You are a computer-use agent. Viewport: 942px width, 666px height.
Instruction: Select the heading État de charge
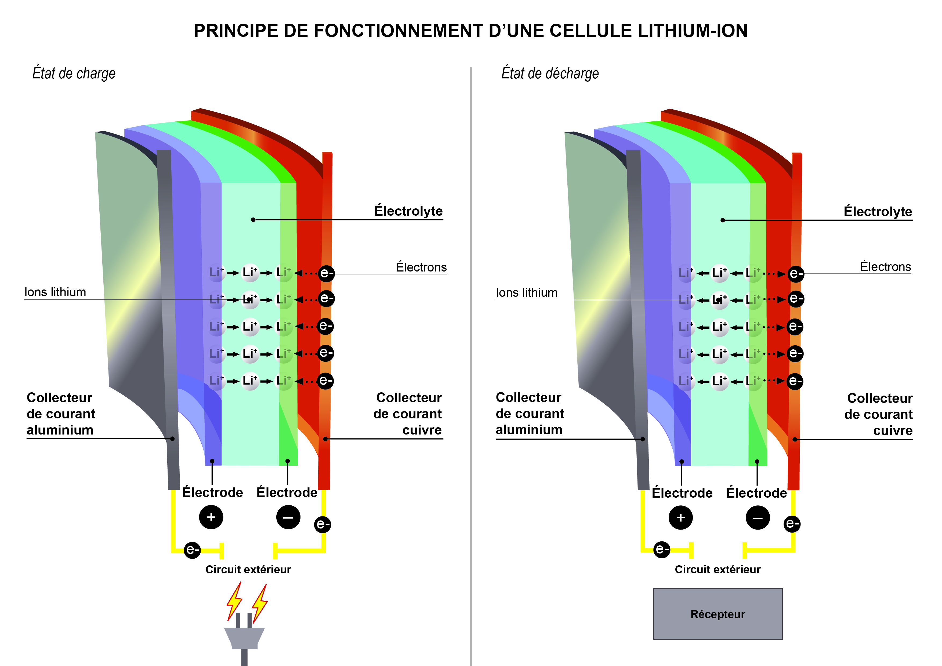point(74,73)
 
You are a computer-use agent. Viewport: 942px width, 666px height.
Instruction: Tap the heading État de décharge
point(550,73)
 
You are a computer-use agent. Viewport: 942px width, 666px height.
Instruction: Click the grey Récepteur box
point(718,614)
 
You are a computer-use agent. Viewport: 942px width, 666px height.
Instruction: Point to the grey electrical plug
point(244,640)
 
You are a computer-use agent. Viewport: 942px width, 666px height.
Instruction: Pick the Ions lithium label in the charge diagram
point(55,292)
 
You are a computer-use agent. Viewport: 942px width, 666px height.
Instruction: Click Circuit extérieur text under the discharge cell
point(718,570)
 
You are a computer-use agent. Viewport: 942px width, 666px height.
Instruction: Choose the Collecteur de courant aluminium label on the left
point(61,414)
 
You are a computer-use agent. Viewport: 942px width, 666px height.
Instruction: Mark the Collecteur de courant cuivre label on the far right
point(878,414)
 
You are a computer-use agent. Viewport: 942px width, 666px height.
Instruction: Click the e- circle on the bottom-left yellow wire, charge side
point(192,549)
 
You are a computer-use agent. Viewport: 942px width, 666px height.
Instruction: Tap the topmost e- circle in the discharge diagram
point(795,274)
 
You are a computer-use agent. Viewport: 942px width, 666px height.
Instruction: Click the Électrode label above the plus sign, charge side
point(212,493)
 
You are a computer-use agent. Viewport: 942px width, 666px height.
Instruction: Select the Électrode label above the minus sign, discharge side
point(756,493)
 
